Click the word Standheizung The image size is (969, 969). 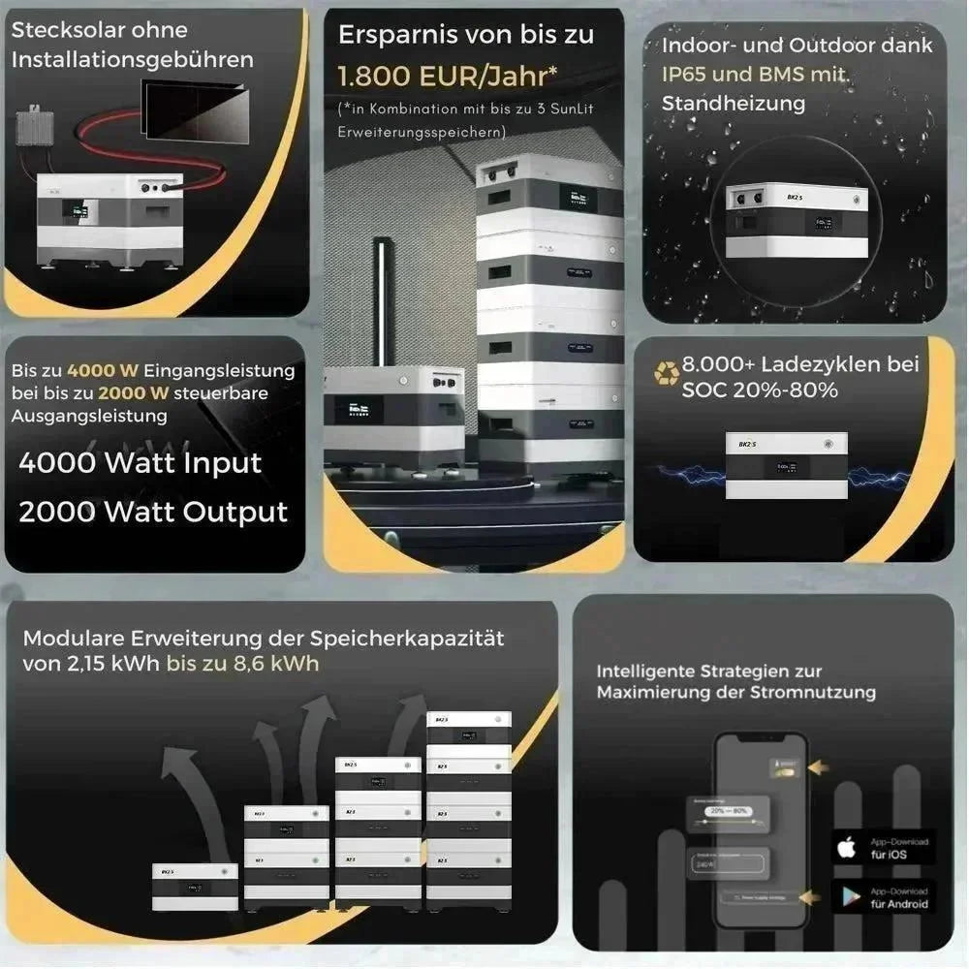click(733, 103)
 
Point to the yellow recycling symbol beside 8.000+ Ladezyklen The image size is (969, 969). click(667, 372)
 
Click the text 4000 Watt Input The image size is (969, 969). click(141, 462)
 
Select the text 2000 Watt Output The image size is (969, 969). click(153, 512)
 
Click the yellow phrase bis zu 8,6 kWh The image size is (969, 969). click(242, 665)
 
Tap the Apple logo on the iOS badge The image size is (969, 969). click(847, 848)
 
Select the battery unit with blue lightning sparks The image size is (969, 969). click(786, 465)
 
